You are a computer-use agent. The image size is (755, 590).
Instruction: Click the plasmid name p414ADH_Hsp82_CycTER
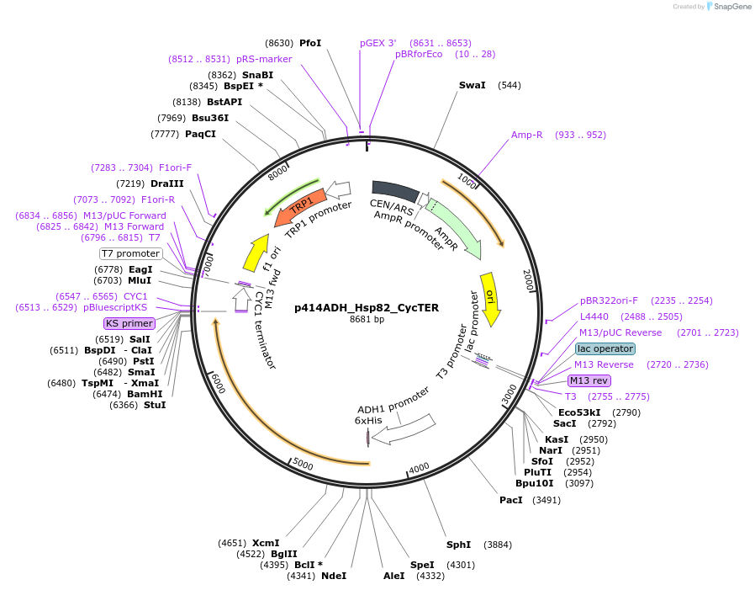click(x=367, y=308)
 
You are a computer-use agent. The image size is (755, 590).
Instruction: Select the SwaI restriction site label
click(x=472, y=85)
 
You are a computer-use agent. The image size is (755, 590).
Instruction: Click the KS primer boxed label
click(x=129, y=323)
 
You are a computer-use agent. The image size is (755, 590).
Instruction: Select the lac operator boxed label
click(x=605, y=348)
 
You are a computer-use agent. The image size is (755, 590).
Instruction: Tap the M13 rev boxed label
click(x=589, y=380)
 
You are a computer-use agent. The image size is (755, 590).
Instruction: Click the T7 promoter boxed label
click(x=130, y=253)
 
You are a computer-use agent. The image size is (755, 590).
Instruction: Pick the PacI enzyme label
click(x=510, y=500)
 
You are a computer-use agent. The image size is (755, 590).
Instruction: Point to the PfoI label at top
click(x=310, y=43)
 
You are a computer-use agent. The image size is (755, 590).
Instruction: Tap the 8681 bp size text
click(x=367, y=320)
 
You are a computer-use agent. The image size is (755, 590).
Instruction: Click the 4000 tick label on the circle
click(x=419, y=468)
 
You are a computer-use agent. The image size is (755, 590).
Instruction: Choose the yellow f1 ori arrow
click(x=256, y=250)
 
